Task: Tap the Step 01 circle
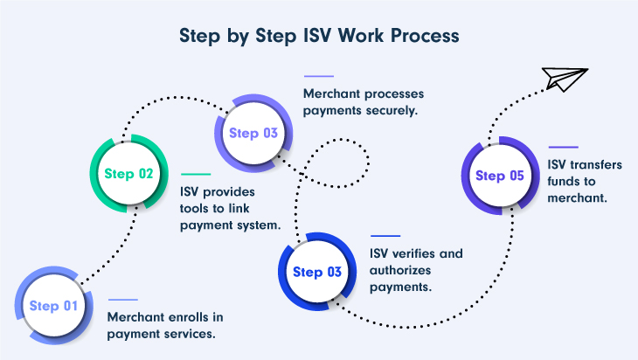point(53,306)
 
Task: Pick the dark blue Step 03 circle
point(316,272)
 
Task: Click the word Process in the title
point(423,38)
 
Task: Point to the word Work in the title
point(360,38)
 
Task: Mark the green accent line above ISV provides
point(195,175)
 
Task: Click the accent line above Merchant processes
point(318,76)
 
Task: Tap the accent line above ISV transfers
point(563,147)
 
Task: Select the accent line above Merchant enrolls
point(122,300)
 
